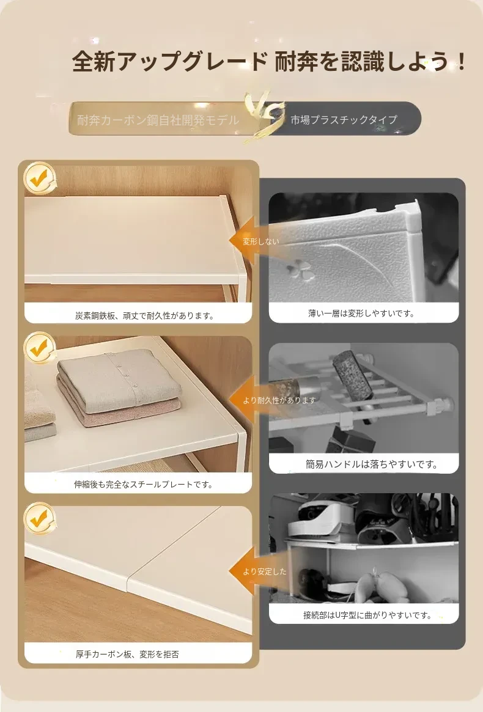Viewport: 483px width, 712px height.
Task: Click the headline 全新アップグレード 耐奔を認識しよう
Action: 269,61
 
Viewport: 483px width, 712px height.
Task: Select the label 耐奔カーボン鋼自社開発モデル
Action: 158,120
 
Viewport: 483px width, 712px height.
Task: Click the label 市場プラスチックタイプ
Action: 344,119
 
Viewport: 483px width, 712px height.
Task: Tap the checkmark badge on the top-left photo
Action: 40,178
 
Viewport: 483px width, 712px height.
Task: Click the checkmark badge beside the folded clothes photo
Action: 40,348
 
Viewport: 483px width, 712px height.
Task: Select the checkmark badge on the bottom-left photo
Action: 40,518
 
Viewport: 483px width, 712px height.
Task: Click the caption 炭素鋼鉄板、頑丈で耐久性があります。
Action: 145,315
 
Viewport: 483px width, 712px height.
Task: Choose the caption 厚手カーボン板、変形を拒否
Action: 127,655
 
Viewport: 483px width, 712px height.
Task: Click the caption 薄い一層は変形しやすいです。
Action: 362,314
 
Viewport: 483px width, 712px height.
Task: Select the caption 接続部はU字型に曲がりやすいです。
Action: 368,615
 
